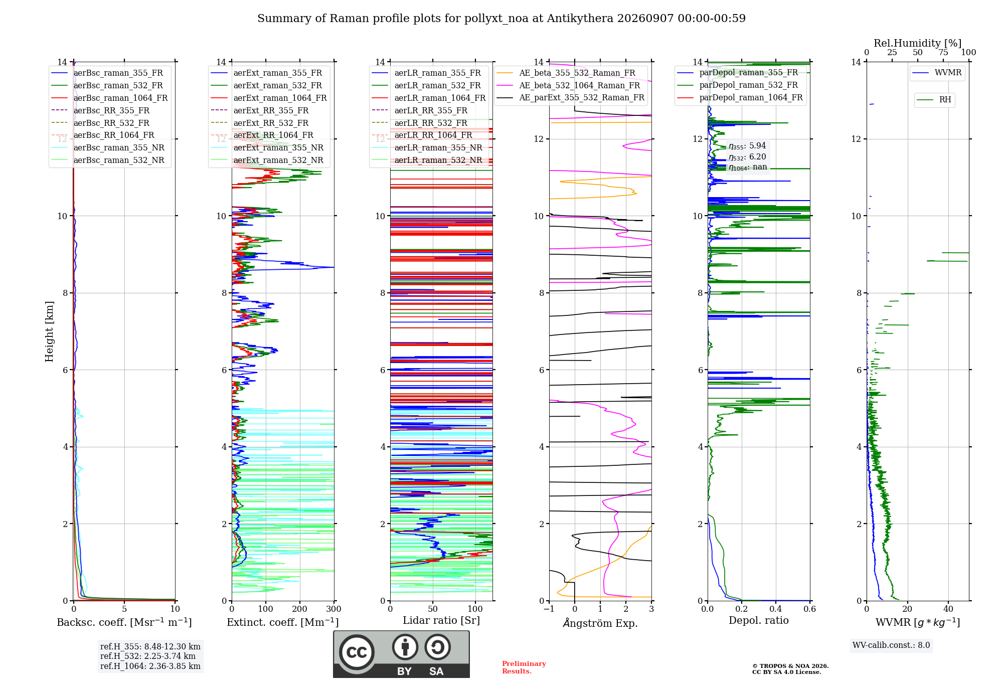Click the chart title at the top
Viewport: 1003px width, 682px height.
501,19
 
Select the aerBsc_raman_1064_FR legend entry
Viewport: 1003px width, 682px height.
109,98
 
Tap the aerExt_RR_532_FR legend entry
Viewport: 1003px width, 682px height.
260,123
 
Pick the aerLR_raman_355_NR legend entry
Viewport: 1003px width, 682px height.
427,148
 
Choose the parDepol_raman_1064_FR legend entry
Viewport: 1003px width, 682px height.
740,98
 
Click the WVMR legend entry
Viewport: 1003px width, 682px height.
937,73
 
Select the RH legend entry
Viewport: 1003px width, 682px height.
934,100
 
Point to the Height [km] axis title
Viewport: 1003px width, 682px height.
49,331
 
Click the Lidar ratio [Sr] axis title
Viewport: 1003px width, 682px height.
441,620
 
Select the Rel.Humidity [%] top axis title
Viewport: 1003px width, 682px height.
918,43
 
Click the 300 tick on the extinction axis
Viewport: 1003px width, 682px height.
333,609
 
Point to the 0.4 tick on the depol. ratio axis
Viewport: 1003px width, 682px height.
776,609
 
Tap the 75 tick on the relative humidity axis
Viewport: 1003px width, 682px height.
943,53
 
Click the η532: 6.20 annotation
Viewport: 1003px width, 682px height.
747,157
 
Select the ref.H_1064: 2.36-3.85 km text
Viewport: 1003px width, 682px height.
150,666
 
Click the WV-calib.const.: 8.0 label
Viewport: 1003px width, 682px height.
891,645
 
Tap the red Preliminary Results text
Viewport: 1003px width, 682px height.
524,667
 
